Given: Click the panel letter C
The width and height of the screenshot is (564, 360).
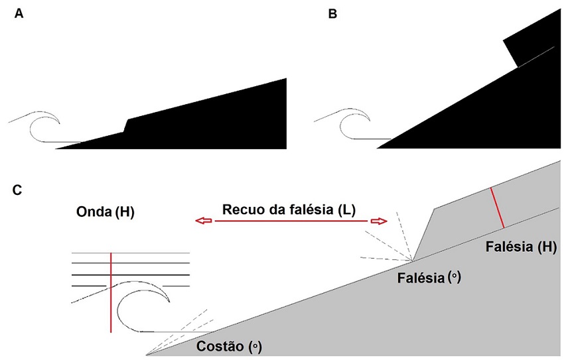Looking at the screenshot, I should [19, 191].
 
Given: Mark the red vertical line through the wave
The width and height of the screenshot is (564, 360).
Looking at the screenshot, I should [111, 292].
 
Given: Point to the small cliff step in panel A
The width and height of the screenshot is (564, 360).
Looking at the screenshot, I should [126, 126].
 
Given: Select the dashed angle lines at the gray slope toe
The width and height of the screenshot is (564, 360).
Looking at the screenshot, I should [186, 331].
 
